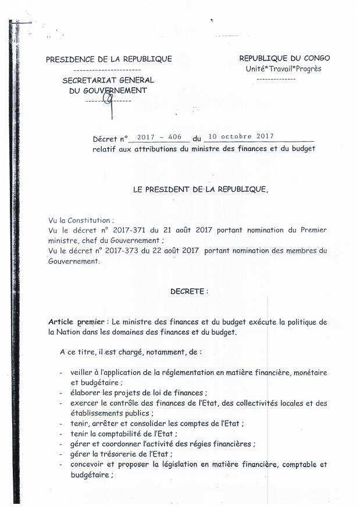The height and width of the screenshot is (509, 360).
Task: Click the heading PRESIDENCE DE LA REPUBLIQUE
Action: (109, 59)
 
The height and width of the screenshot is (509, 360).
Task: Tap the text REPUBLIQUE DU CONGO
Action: (284, 58)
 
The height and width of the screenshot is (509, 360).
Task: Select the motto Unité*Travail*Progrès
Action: (283, 69)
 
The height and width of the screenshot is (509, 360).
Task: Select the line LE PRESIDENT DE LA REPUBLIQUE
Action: (201, 189)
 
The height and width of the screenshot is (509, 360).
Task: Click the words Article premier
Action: (78, 322)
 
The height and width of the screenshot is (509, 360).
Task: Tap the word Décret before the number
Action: (105, 139)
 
